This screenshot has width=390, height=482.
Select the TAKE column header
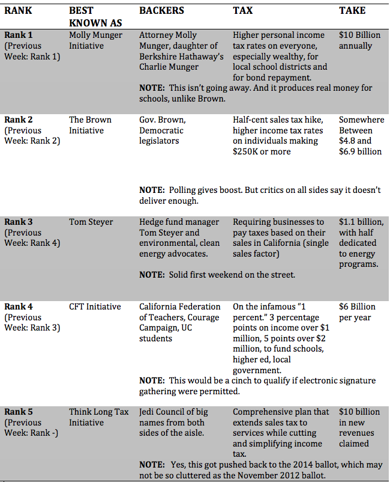tap(352, 11)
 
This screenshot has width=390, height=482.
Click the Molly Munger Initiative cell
tap(95, 40)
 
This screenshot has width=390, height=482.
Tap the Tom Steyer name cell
tap(91, 222)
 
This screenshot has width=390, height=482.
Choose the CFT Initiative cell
tap(95, 307)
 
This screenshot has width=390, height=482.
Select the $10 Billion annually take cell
tap(359, 40)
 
